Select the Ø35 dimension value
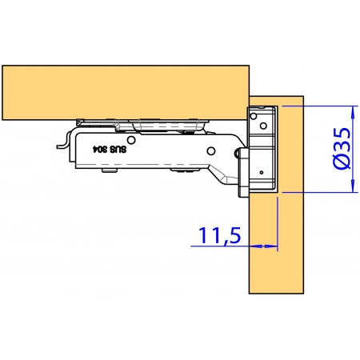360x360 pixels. (342, 147)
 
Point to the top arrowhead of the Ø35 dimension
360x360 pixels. (353, 110)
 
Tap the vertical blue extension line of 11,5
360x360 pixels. (277, 224)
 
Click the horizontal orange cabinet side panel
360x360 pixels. (120, 90)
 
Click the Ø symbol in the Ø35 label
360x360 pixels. (342, 162)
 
